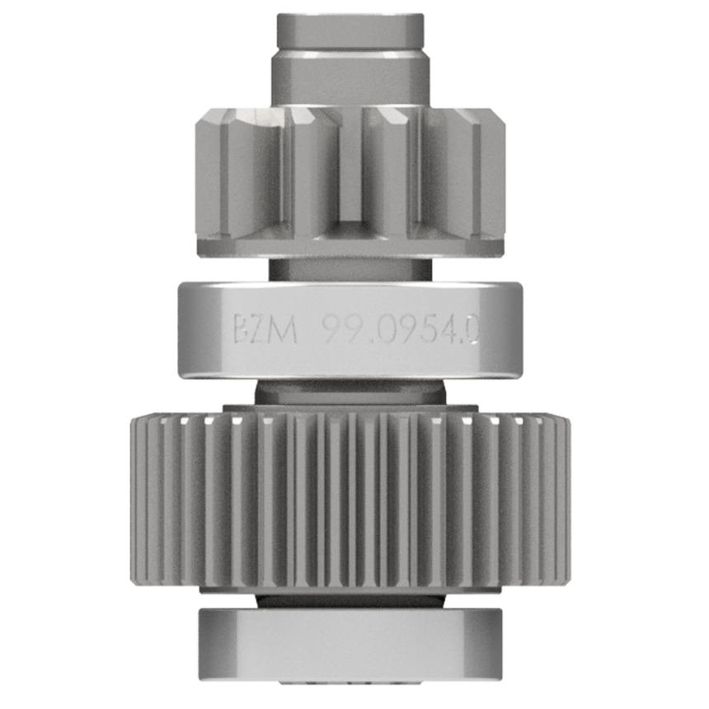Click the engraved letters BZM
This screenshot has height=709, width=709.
(x=265, y=330)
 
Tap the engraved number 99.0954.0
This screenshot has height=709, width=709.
(x=401, y=330)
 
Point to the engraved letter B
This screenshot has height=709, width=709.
(x=242, y=330)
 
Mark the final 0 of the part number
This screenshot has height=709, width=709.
(x=472, y=330)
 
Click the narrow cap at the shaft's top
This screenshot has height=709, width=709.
(x=350, y=31)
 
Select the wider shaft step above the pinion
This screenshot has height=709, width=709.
(x=350, y=79)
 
